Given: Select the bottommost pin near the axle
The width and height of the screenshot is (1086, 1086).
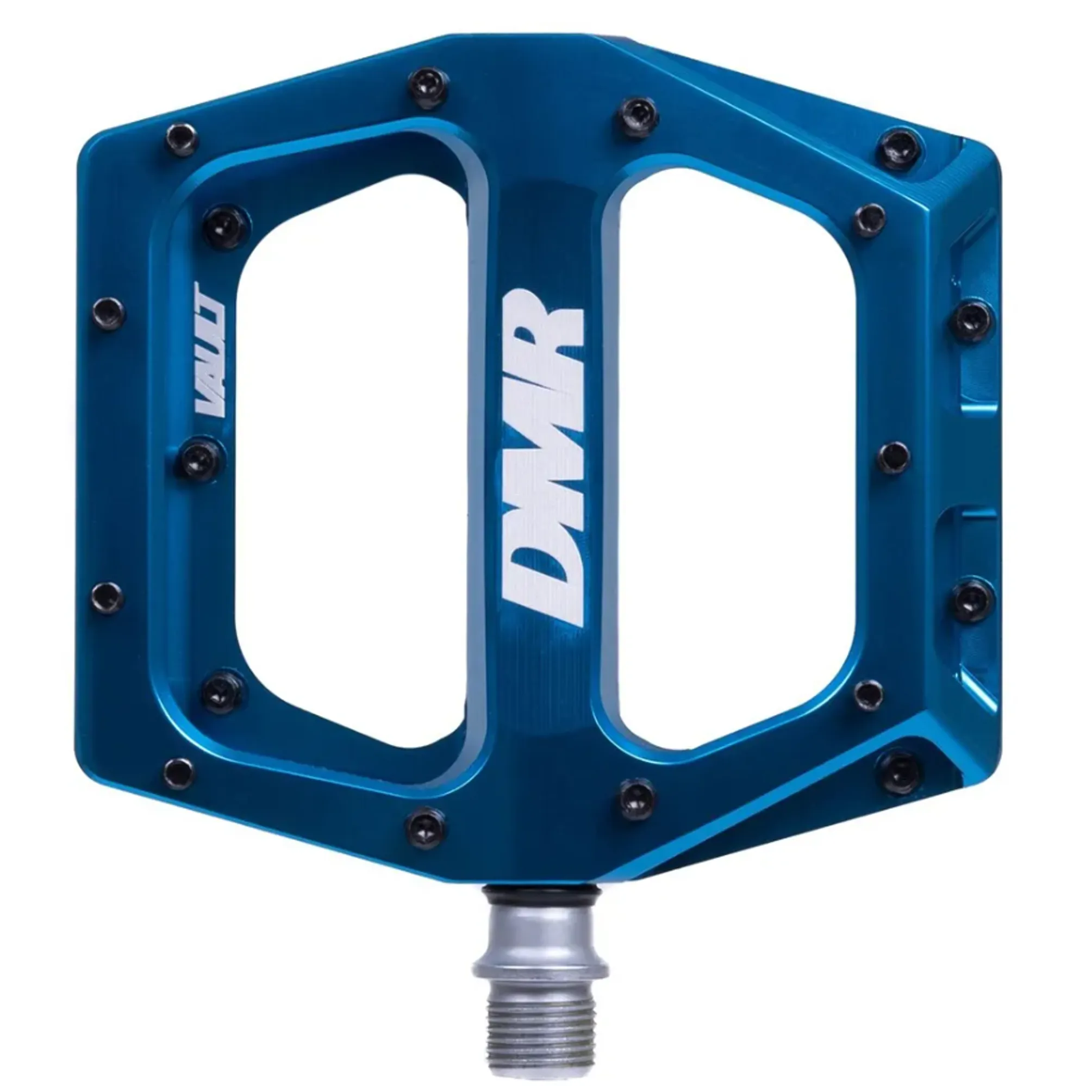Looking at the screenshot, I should [426, 826].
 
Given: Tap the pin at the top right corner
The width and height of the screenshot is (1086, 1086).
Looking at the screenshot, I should [901, 148].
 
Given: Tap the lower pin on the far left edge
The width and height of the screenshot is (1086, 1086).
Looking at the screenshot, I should [107, 597].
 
